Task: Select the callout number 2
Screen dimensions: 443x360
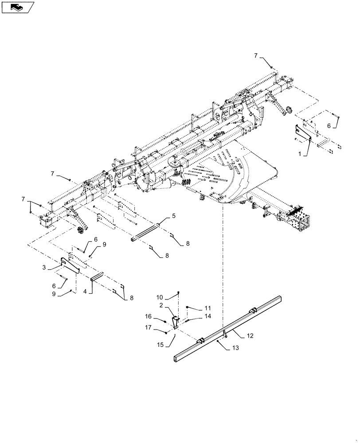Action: point(162,306)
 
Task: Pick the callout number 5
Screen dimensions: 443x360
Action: point(174,216)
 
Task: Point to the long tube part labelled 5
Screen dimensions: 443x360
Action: point(149,232)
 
